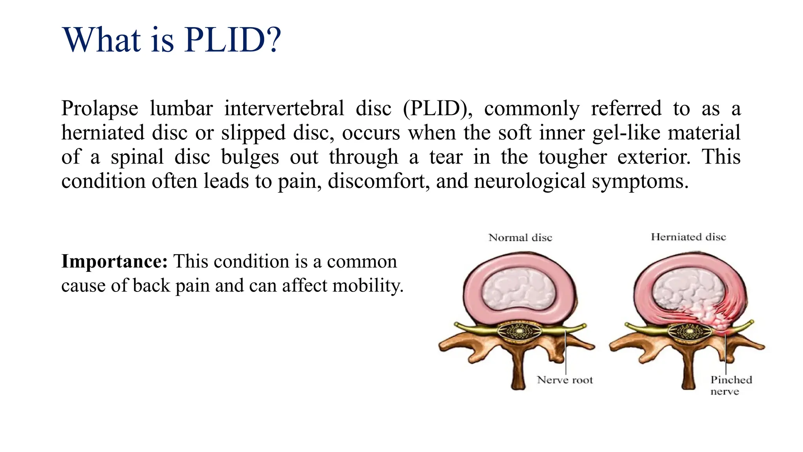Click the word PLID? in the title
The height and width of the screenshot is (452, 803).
(233, 40)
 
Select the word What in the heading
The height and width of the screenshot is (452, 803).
(102, 40)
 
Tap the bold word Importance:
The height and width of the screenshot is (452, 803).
(114, 261)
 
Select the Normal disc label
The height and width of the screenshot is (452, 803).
(520, 238)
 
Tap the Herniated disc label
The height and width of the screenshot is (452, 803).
(689, 237)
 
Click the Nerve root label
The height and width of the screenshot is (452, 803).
(565, 380)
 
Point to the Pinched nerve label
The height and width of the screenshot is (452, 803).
(730, 385)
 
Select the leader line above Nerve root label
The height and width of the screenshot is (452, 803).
(566, 353)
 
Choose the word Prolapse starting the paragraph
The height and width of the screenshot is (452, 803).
(100, 109)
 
